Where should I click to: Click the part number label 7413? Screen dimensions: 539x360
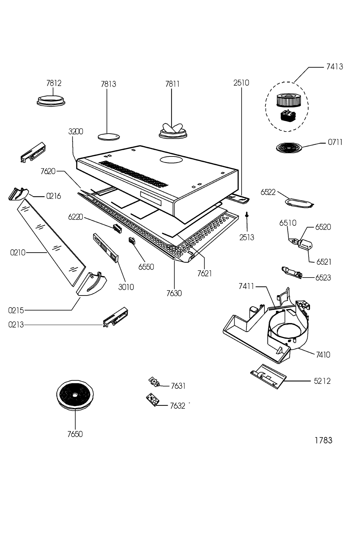tap(334, 67)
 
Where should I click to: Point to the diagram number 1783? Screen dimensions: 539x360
tap(323, 440)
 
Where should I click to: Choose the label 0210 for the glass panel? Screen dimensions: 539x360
tap(18, 252)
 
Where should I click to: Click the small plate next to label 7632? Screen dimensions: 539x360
tap(153, 400)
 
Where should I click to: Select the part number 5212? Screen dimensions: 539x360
tap(322, 381)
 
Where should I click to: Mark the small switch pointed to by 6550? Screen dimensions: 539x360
tap(132, 241)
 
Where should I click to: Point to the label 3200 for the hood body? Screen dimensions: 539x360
tap(76, 132)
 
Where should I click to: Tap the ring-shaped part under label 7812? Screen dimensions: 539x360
tap(51, 100)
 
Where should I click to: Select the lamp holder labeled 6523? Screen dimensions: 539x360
tap(291, 272)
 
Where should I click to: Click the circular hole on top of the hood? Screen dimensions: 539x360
tap(170, 160)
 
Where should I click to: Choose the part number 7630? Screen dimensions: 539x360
tap(174, 293)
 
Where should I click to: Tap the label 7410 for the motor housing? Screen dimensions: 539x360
tap(323, 354)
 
